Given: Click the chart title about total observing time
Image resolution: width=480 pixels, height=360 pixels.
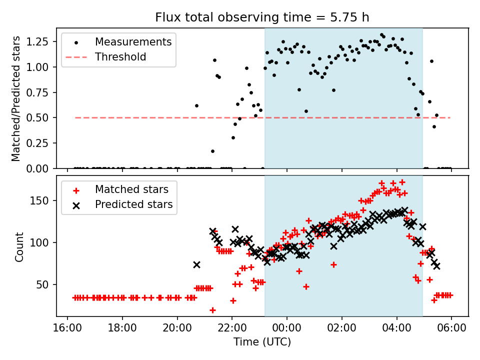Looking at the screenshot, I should (262, 17).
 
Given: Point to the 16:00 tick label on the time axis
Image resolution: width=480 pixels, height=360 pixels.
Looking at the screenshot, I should (67, 330).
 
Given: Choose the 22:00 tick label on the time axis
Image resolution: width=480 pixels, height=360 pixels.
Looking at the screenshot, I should (232, 330).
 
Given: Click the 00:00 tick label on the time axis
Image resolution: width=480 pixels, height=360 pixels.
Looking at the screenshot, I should (287, 330).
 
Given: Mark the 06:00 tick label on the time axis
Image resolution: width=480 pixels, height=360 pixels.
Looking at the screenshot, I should (451, 330).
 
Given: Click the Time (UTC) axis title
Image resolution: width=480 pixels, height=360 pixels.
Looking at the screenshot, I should (262, 342).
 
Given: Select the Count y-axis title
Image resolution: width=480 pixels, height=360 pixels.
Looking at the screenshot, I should (19, 246).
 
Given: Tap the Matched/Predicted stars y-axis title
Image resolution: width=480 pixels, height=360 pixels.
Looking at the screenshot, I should (16, 98).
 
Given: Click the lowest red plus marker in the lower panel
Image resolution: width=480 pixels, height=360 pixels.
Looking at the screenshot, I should (212, 310).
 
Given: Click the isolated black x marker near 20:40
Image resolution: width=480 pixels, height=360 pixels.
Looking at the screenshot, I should (196, 264).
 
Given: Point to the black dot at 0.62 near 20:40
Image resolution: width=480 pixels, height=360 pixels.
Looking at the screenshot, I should (196, 105).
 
